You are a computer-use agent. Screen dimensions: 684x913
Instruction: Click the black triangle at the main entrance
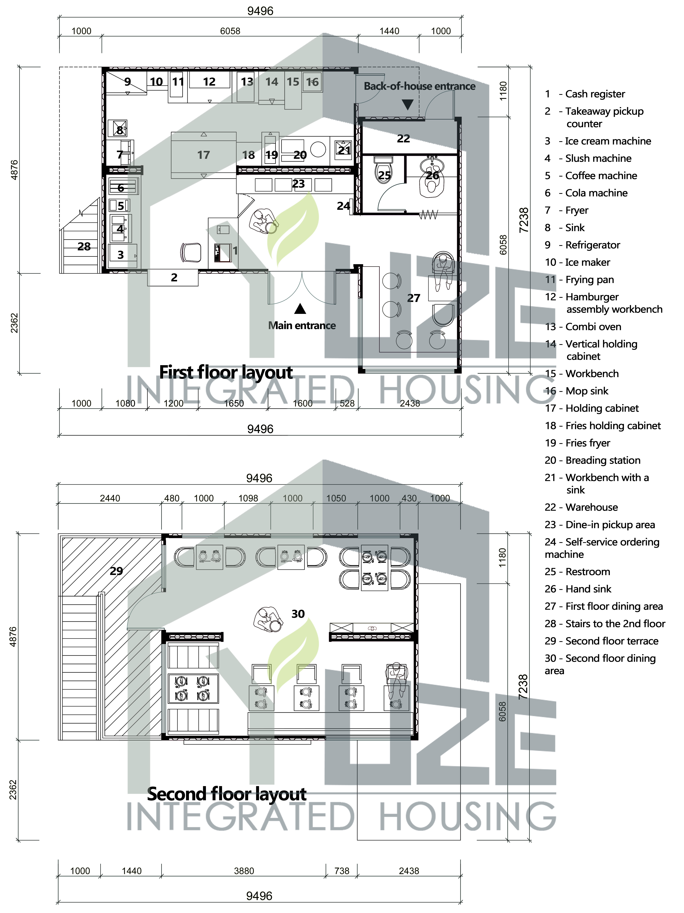coord(300,309)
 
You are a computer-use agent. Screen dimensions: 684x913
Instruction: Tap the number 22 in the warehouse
coord(403,139)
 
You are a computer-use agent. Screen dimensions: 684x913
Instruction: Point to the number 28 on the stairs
coord(84,246)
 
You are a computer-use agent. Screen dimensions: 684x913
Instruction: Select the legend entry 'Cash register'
coord(595,94)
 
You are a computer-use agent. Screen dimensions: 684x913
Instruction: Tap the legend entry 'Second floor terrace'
coord(612,641)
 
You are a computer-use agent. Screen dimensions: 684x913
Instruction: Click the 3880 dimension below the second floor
coord(244,871)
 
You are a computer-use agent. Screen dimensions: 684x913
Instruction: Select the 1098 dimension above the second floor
coord(248,498)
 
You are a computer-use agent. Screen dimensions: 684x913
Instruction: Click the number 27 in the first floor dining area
coord(414,298)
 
